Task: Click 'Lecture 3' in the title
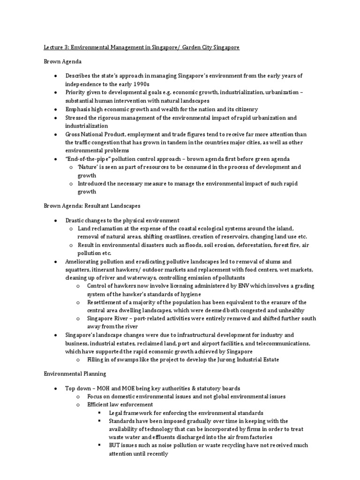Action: [55, 48]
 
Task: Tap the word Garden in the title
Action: [182, 48]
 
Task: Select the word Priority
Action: [76, 93]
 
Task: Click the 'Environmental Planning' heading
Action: [75, 374]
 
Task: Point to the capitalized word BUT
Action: [114, 445]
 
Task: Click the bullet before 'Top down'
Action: [56, 389]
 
